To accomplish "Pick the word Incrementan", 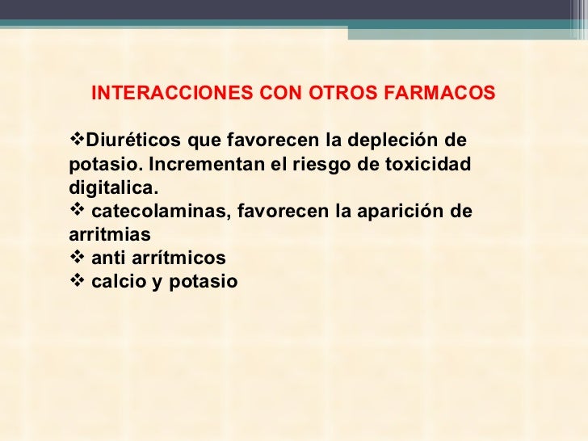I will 191,165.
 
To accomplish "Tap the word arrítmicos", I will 177,258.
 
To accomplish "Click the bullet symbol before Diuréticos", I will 78,141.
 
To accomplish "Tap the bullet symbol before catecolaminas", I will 78,212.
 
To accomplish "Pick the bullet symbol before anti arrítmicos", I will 78,258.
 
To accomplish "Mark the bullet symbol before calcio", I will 78,282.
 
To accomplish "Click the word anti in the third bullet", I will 107,258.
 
